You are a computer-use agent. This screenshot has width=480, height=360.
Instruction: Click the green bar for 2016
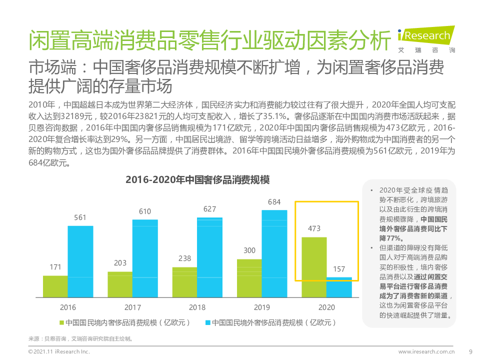[55, 286]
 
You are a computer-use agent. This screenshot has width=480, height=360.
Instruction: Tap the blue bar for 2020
[339, 287]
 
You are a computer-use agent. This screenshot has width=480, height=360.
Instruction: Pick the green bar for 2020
[314, 267]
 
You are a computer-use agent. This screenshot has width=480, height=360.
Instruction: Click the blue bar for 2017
[145, 258]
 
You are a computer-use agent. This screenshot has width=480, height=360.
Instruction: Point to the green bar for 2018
[184, 282]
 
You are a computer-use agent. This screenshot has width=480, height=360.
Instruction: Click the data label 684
[274, 202]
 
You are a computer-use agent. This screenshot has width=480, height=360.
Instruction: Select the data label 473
[314, 229]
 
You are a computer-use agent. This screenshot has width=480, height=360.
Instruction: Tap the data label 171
[55, 267]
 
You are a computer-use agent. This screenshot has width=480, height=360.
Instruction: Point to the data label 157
[339, 269]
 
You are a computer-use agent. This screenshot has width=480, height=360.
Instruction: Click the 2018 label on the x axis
[197, 307]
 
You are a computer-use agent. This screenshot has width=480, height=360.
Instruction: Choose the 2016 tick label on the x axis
[67, 307]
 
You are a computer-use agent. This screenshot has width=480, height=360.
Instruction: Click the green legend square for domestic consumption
[61, 323]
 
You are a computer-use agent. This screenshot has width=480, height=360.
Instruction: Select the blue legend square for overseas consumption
[207, 323]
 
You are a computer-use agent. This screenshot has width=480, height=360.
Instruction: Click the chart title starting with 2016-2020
[197, 180]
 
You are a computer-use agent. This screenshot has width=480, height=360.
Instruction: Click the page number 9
[470, 351]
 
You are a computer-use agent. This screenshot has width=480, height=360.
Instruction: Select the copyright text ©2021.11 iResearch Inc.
[58, 351]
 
